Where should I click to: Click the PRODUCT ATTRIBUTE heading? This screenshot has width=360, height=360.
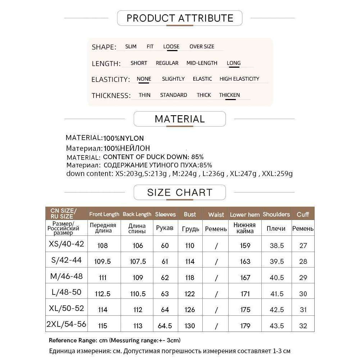180,18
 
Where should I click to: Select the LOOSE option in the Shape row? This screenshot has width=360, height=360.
171,46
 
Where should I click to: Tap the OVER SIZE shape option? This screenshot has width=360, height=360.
202,46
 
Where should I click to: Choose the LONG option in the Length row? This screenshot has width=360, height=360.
234,63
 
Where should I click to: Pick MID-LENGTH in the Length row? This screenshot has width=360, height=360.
202,63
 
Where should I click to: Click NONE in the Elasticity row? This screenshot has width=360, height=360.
144,79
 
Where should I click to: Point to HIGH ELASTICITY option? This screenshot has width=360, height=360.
239,79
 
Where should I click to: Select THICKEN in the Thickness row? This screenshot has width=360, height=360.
229,95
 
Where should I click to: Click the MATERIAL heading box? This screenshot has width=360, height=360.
180,119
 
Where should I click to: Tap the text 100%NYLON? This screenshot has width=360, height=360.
123,138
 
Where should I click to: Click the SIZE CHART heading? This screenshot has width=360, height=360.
180,192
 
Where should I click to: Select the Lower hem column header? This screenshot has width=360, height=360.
245,215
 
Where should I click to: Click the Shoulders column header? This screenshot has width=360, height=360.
276,214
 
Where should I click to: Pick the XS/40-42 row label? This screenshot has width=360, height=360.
66,244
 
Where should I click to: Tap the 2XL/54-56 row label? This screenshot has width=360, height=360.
66,324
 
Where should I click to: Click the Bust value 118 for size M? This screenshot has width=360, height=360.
190,278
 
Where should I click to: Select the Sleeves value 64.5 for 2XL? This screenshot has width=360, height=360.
165,326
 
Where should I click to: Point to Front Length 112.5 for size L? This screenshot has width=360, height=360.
103,294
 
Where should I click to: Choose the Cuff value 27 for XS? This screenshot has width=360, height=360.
303,246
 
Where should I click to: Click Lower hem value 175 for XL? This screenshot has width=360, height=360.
245,310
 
